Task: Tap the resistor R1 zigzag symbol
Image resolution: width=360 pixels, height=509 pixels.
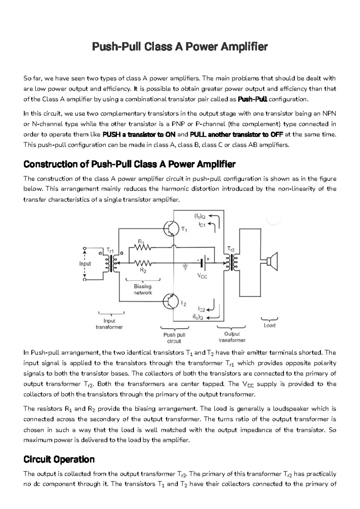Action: tap(143, 247)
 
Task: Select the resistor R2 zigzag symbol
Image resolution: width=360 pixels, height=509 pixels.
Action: tap(143, 263)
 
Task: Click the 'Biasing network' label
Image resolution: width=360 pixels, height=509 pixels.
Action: tap(143, 289)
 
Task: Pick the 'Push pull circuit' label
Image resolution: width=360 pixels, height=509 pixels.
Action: tap(174, 338)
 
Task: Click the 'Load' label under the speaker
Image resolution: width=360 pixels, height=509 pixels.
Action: tap(269, 325)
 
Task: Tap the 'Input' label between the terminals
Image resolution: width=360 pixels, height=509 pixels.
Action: tap(85, 264)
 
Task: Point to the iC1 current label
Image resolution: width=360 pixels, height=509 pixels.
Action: tap(202, 224)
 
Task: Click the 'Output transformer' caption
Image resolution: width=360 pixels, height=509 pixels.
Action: tap(232, 337)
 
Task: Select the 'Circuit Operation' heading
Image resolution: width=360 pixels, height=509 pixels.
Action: tap(59, 459)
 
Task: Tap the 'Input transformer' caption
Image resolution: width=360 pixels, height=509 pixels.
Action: tap(109, 324)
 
